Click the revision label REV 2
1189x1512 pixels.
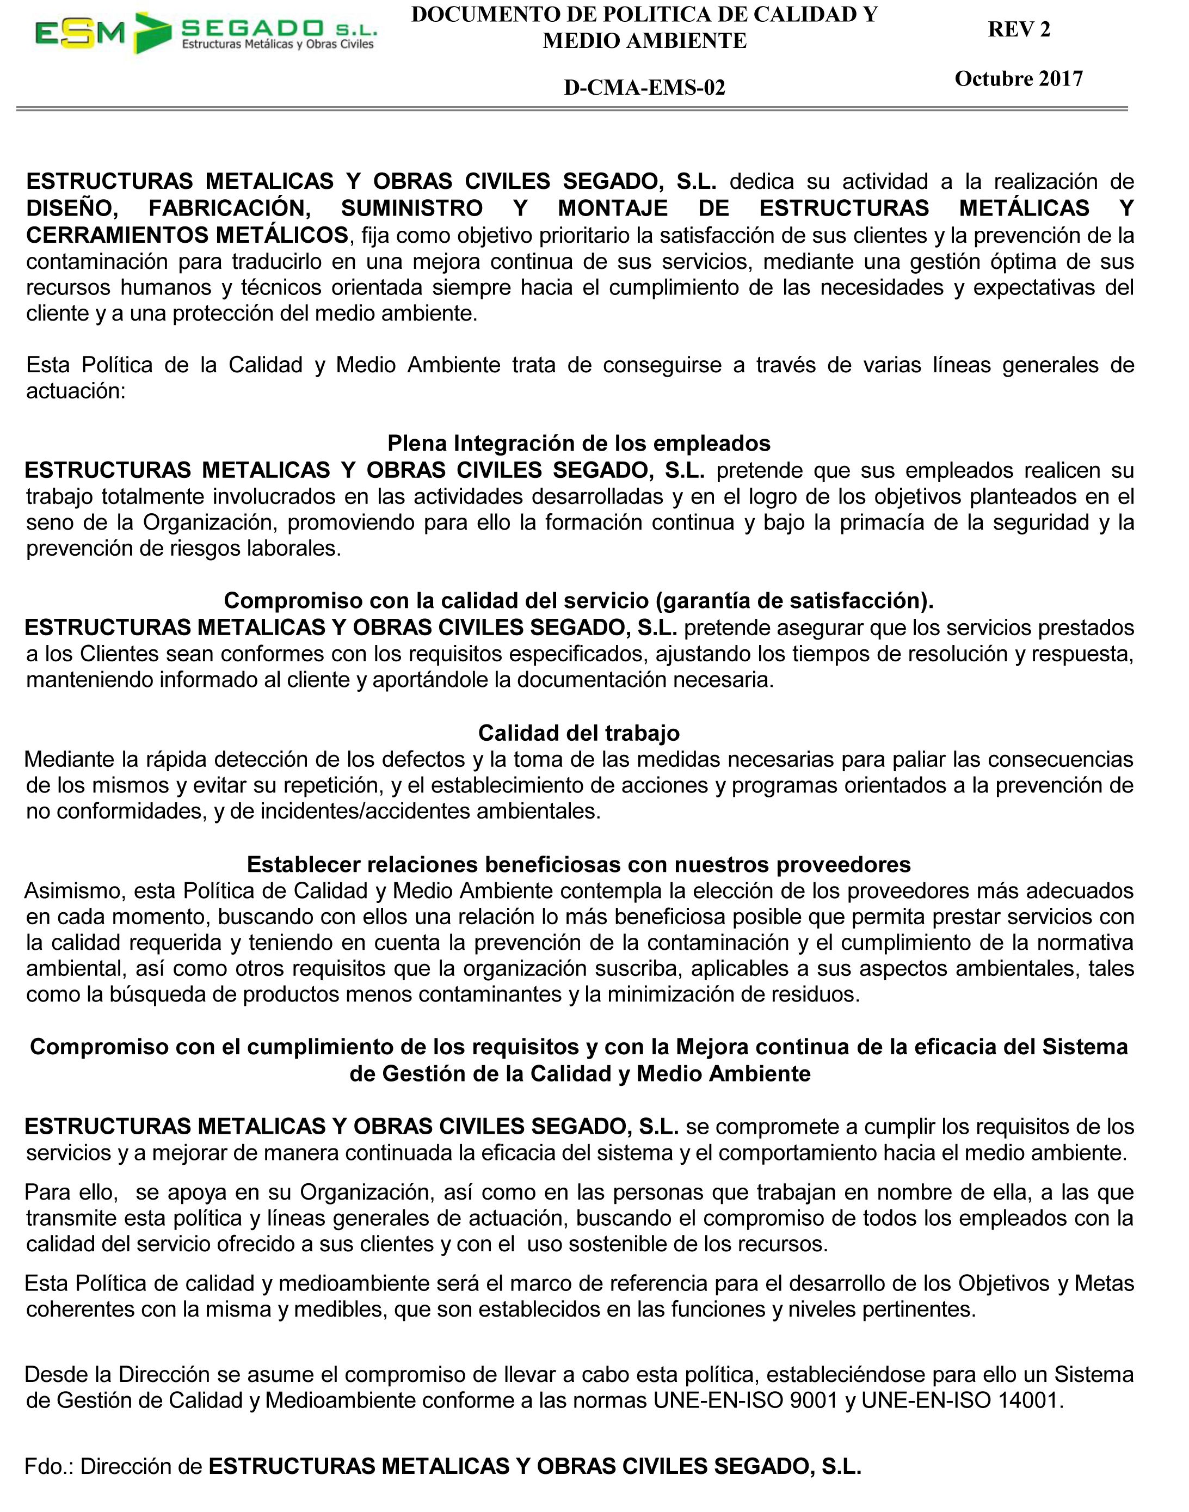(1019, 29)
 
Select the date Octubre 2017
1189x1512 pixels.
(1019, 79)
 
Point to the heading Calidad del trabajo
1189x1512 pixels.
(578, 733)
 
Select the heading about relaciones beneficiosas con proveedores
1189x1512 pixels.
(578, 864)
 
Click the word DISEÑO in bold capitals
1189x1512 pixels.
(72, 208)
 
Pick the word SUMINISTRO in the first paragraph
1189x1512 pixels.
(411, 208)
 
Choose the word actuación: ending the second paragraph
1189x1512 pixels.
(76, 391)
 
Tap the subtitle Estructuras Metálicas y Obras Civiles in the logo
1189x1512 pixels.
(278, 45)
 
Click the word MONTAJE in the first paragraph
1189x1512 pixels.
(613, 208)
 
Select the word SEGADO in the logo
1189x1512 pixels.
(252, 28)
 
